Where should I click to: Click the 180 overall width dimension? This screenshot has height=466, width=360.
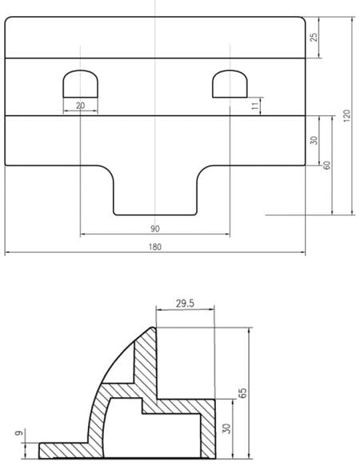155,247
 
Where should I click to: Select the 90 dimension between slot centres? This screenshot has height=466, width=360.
155,229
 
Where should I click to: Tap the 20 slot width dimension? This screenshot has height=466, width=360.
81,106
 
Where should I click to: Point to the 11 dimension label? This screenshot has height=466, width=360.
255,106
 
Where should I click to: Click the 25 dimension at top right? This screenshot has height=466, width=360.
314,37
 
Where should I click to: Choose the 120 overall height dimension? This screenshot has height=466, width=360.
346,115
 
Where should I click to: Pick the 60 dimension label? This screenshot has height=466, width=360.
326,165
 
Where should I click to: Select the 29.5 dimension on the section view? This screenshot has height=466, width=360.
185,303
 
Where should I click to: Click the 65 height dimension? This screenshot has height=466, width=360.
242,393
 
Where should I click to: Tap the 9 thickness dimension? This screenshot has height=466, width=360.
19,433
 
